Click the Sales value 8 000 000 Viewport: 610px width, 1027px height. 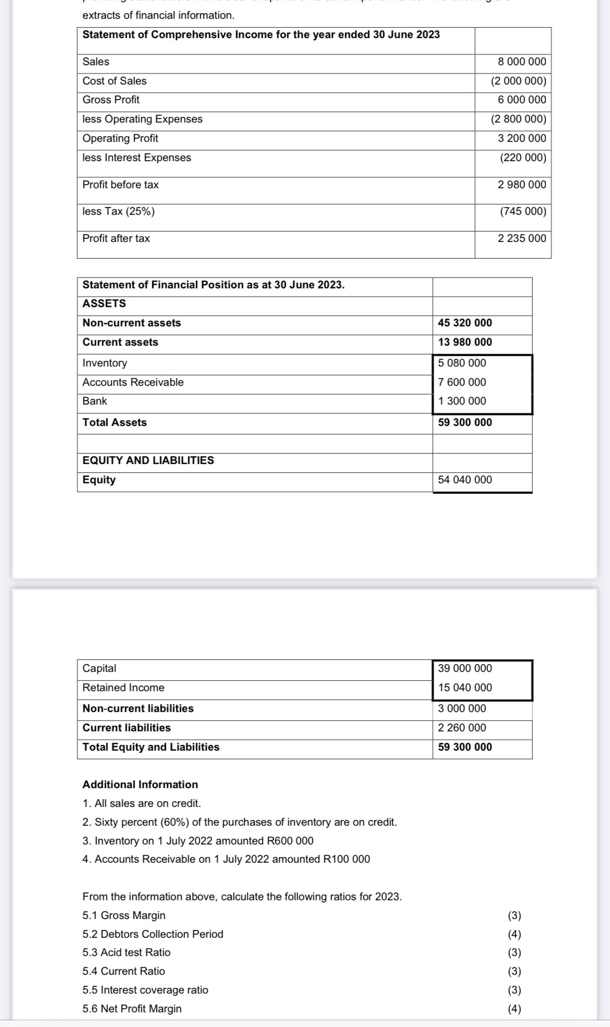522,62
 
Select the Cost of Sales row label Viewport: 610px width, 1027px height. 115,81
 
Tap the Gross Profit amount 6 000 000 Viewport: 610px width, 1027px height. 522,100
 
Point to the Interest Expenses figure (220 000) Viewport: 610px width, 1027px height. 523,157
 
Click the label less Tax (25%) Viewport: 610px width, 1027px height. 118,211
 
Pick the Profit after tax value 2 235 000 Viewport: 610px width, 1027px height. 522,238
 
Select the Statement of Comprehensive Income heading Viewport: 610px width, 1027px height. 261,34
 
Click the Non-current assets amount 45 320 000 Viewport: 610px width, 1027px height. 465,323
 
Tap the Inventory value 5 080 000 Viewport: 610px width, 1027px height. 462,363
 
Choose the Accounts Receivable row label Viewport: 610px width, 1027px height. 133,382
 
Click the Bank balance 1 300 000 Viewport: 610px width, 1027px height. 462,401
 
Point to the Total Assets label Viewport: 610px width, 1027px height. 115,422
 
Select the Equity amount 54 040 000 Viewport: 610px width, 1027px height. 465,480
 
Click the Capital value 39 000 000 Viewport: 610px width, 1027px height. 465,668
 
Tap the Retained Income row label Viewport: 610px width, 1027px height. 123,688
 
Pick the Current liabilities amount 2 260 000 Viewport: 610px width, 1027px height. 462,728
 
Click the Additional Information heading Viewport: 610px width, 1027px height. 140,785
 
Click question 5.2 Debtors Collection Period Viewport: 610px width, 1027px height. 153,934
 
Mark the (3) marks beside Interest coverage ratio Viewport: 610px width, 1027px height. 515,990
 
